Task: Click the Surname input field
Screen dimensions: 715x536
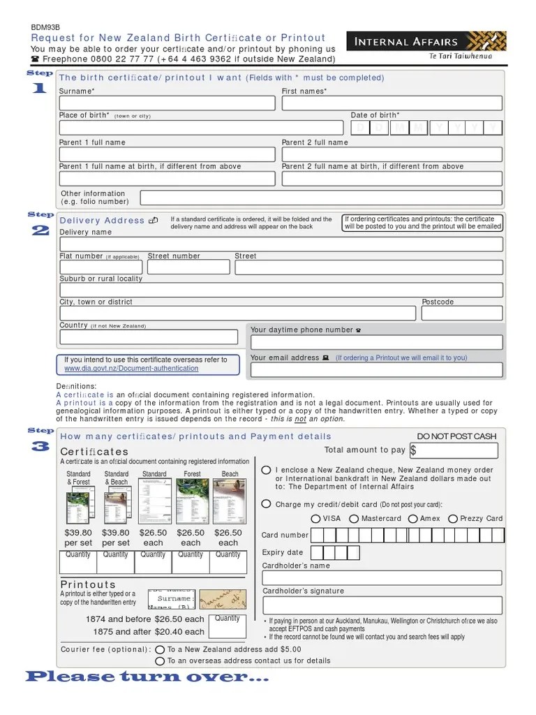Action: coord(167,103)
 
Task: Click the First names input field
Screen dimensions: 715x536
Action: coord(392,103)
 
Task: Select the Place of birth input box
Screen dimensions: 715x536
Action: coord(201,128)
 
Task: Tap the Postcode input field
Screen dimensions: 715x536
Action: coord(461,314)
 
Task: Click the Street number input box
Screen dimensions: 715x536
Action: coord(188,267)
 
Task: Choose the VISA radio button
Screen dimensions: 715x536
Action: coord(316,519)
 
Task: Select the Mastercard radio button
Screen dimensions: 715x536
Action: coord(354,519)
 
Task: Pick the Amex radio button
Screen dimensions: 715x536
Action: coord(412,519)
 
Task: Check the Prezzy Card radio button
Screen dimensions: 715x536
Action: coord(453,519)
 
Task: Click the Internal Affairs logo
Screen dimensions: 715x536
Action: coord(425,46)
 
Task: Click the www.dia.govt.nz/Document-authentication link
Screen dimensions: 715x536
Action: coord(131,369)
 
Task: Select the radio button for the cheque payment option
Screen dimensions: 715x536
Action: coord(267,471)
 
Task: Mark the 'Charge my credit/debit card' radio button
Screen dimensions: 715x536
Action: coord(267,504)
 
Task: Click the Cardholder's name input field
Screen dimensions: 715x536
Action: coord(382,577)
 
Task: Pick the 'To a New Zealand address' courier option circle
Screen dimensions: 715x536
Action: coord(160,649)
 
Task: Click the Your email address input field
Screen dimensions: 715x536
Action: coord(377,369)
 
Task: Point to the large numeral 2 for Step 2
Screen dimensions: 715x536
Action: coord(40,231)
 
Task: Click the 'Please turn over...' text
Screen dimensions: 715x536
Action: coord(147,677)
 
